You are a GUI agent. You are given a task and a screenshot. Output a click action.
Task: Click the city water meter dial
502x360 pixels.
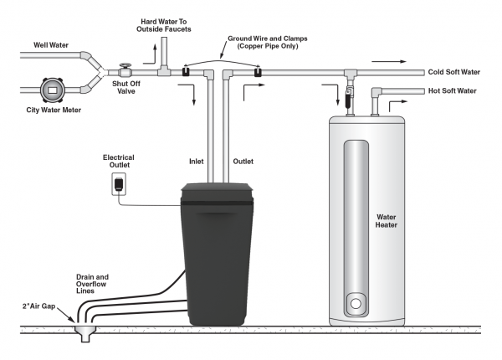tap(53, 90)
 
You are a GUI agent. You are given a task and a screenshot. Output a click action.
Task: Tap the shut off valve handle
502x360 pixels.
tap(125, 65)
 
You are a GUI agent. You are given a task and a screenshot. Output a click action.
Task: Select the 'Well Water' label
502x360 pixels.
tap(51, 45)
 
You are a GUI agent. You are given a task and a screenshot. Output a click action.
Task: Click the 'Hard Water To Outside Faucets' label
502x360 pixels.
tap(164, 25)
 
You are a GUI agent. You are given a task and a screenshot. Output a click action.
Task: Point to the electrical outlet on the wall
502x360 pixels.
tap(119, 184)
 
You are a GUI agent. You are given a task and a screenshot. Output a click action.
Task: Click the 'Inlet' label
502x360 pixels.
tap(197, 162)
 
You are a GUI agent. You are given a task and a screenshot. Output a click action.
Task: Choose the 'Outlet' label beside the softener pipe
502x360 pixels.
tap(243, 162)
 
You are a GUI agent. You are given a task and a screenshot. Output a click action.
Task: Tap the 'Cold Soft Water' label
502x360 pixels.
tap(454, 72)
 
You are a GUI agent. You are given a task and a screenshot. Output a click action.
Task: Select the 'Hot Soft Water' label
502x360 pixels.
tap(453, 91)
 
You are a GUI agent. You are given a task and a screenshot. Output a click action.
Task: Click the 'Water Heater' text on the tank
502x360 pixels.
tap(386, 221)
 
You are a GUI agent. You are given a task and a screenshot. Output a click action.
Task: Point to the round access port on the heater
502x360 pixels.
tap(356, 303)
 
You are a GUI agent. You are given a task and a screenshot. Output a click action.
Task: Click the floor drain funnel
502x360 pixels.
tap(85, 333)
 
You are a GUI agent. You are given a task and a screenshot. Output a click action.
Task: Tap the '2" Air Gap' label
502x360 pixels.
tap(38, 306)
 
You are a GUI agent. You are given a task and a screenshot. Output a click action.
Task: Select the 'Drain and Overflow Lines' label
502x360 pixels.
tap(92, 284)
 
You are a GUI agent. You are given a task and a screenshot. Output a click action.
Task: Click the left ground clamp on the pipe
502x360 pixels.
tap(186, 71)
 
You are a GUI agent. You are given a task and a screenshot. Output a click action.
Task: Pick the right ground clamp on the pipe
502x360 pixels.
tap(258, 71)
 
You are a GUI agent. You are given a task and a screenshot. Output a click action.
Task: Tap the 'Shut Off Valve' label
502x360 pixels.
tap(126, 87)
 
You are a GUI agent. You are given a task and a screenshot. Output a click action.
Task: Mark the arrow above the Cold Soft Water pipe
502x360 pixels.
tap(389, 61)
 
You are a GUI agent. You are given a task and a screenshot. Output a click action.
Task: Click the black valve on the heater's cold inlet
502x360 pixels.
tap(348, 97)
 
